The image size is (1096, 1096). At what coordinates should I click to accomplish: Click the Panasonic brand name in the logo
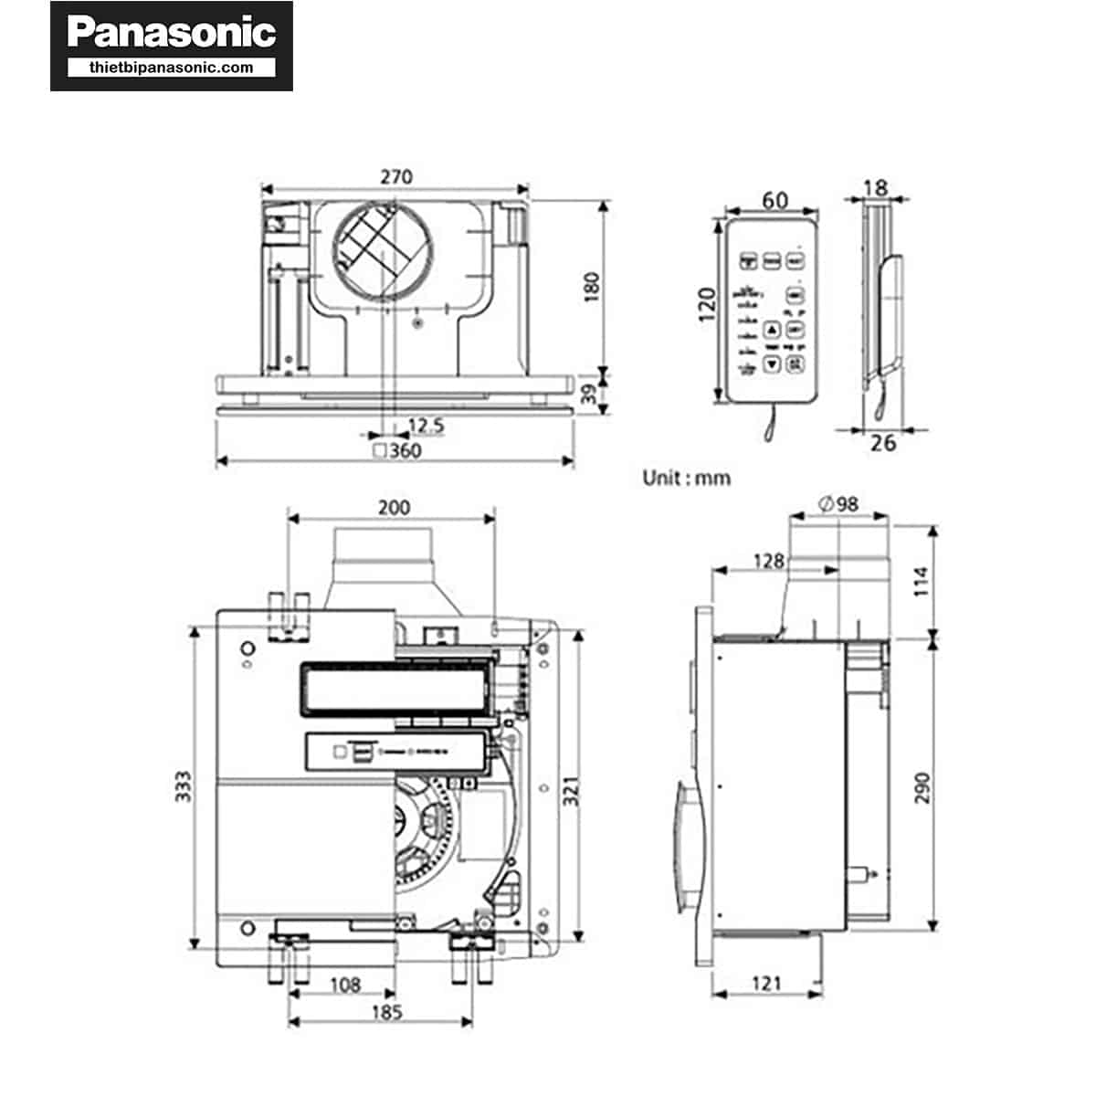tap(172, 32)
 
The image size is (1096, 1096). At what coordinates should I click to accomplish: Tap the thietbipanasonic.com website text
tap(172, 68)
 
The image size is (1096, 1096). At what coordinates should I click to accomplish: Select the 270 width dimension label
tap(395, 176)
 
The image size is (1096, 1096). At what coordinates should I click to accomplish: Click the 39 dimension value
tap(591, 394)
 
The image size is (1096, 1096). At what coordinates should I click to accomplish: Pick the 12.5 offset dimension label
tap(426, 426)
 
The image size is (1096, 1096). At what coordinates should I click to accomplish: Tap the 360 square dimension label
tap(398, 450)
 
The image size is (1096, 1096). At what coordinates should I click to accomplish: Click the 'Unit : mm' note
tap(686, 478)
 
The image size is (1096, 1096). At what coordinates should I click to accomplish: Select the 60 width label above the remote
tap(775, 200)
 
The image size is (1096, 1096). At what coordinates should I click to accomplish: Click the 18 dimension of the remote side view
tap(875, 187)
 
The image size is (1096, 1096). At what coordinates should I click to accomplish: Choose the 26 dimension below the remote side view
tap(883, 443)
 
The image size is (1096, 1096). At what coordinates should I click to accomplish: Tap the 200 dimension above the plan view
tap(394, 507)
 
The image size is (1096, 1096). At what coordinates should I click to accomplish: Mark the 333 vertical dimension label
tap(184, 787)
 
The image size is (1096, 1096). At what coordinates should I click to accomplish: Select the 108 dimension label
tap(344, 985)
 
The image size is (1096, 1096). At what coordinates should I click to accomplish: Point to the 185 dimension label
tap(386, 1012)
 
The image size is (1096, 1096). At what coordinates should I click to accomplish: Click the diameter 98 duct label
tap(838, 504)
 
